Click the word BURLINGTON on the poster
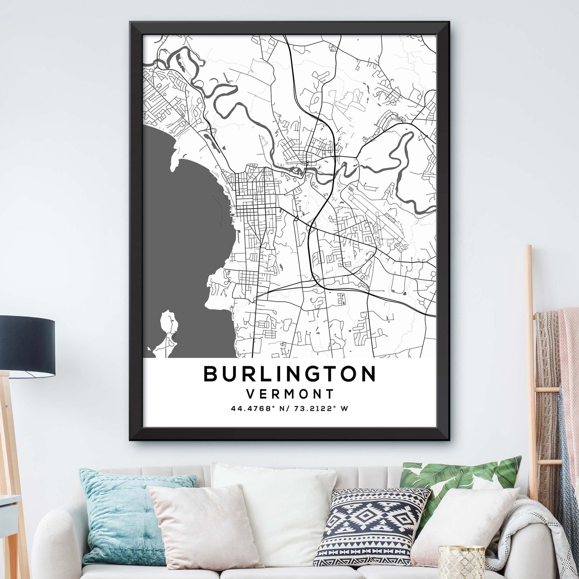290,374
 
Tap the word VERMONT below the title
290,394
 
